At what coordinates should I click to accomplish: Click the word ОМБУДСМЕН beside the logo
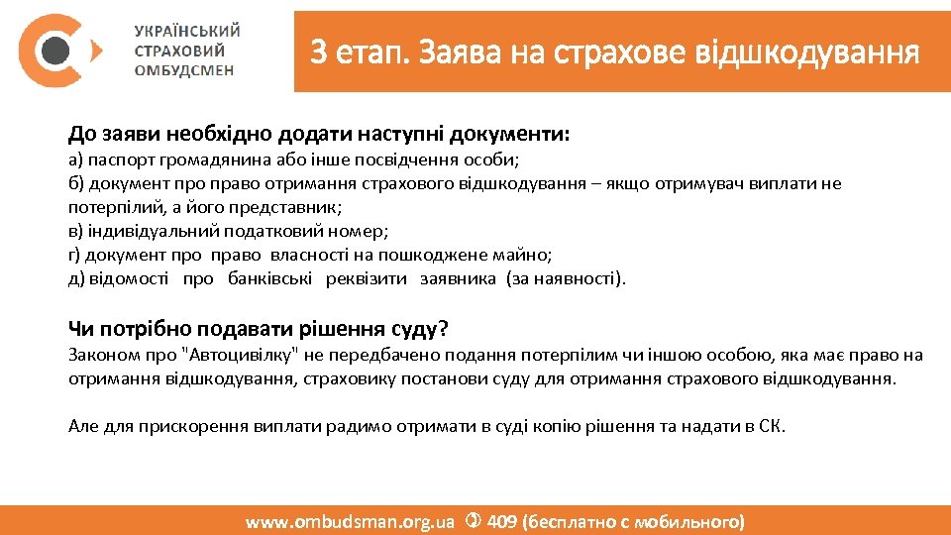pyautogui.click(x=184, y=70)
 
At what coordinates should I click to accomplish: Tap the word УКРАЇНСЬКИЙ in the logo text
pyautogui.click(x=187, y=31)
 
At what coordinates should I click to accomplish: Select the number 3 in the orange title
pyautogui.click(x=317, y=51)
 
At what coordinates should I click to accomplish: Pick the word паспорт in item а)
pyautogui.click(x=116, y=160)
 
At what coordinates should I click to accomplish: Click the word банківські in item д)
pyautogui.click(x=270, y=278)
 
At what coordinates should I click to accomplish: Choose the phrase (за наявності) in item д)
pyautogui.click(x=566, y=278)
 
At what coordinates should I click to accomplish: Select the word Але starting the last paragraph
pyautogui.click(x=83, y=427)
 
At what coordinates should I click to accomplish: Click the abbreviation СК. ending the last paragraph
pyautogui.click(x=772, y=427)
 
